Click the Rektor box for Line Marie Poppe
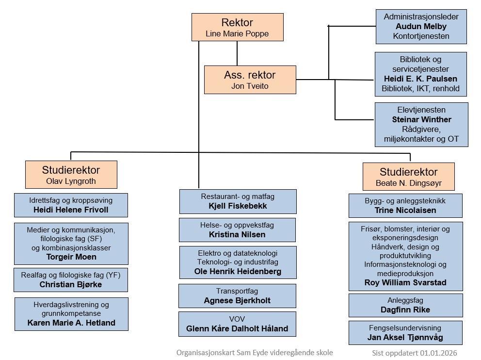(x=237, y=27)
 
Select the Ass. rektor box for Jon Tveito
(x=250, y=80)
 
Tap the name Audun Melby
(x=421, y=26)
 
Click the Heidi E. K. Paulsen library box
(x=421, y=74)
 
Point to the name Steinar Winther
(x=421, y=119)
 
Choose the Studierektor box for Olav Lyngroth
(x=71, y=175)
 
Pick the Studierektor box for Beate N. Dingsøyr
(x=408, y=177)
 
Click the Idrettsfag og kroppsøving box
(x=71, y=205)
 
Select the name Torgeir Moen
(x=71, y=257)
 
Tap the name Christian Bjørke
(x=71, y=284)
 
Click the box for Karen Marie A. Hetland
(x=71, y=314)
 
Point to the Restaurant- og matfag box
(x=238, y=201)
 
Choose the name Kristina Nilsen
(x=237, y=234)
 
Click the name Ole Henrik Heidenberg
(x=238, y=271)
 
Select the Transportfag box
(x=237, y=295)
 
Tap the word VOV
(x=237, y=319)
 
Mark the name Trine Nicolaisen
(x=405, y=210)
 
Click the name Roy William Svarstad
(x=405, y=282)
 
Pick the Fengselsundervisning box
(x=405, y=332)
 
